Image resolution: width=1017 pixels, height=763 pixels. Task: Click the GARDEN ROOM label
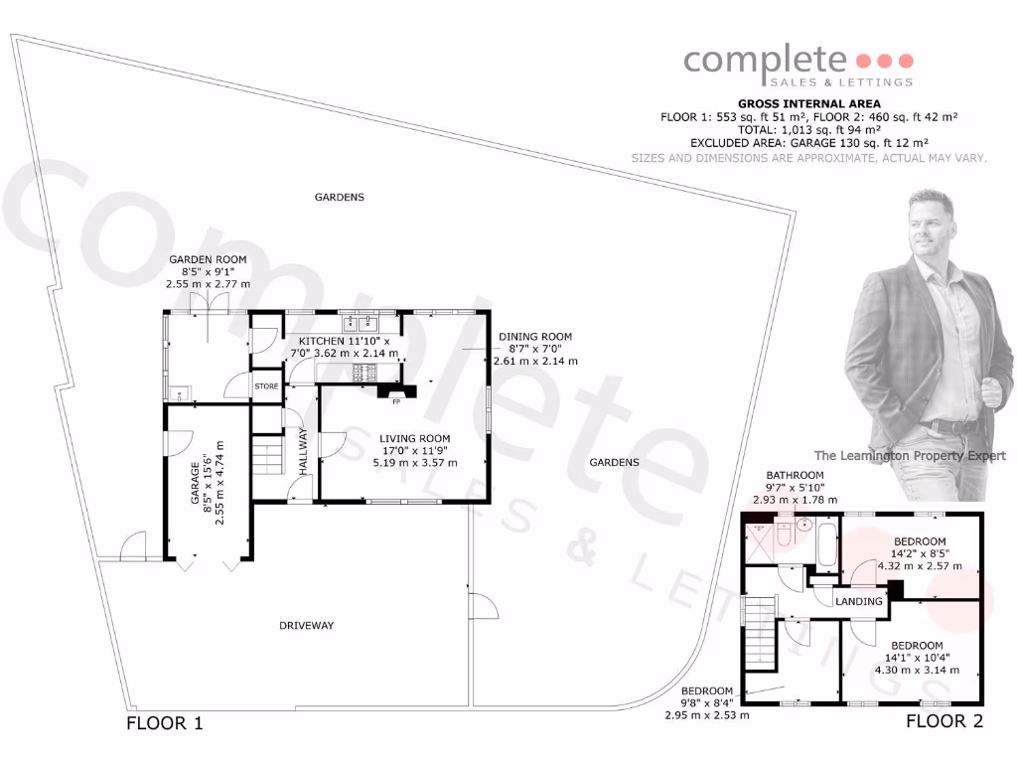[x=207, y=259]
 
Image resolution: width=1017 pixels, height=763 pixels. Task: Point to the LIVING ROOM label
[x=414, y=438]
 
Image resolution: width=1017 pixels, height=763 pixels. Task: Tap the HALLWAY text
[x=305, y=452]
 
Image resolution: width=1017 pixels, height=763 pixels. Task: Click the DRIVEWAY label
[x=306, y=626]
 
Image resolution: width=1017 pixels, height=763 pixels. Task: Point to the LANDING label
[x=858, y=602]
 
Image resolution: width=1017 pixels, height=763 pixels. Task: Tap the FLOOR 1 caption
[x=165, y=723]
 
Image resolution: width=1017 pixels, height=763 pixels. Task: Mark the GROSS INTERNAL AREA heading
[x=808, y=103]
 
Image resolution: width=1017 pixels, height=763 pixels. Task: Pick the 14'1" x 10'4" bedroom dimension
[x=917, y=656]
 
